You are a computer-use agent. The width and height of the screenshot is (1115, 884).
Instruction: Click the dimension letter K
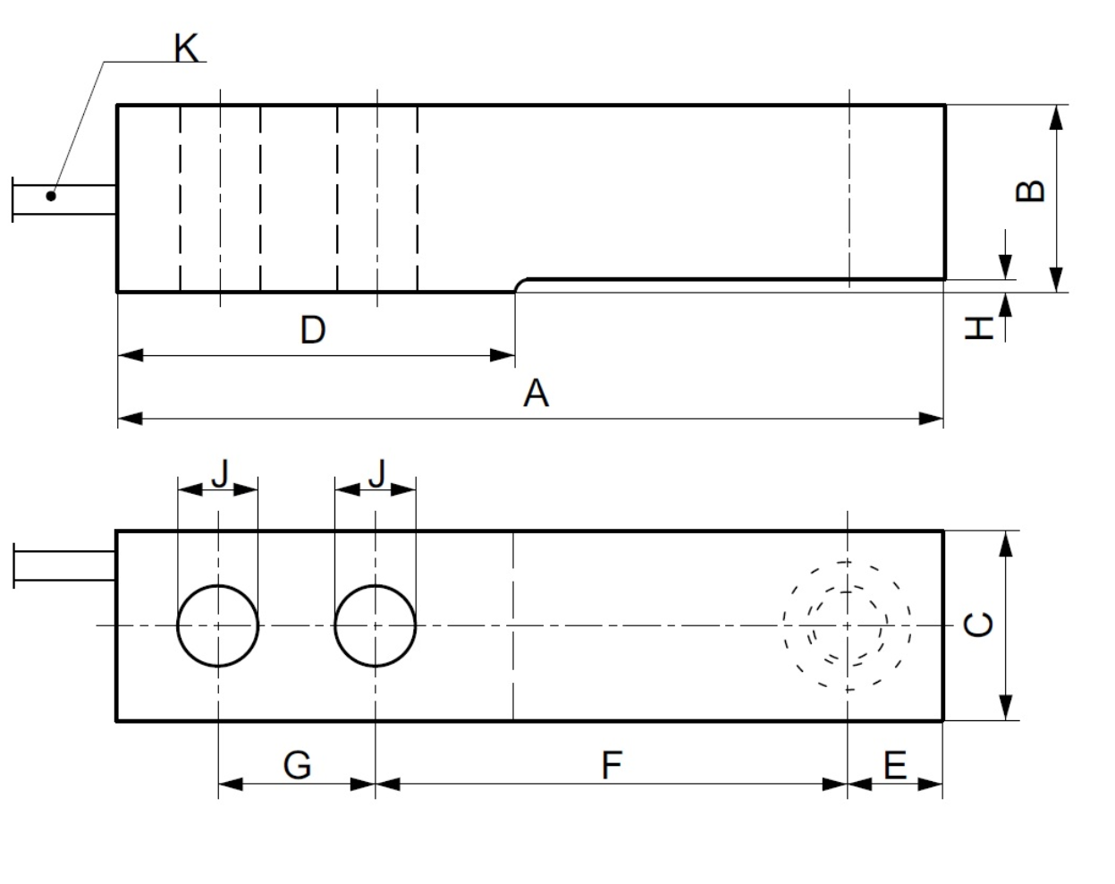click(186, 48)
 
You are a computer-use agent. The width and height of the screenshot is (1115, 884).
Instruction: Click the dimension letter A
click(535, 393)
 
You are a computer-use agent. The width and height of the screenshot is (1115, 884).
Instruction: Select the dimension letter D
click(312, 330)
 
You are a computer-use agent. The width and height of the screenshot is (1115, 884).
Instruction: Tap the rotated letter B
click(1031, 191)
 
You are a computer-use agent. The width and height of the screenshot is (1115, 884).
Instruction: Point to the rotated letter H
click(981, 327)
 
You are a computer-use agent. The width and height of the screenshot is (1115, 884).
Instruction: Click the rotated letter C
click(980, 624)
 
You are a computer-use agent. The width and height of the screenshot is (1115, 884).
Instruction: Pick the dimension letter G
click(297, 766)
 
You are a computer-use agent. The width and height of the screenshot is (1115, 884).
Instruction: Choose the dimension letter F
click(611, 766)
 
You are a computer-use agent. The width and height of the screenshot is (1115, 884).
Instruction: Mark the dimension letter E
click(895, 766)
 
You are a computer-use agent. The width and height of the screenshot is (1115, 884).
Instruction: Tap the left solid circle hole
click(218, 625)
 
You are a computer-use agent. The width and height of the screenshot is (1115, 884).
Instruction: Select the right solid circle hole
click(376, 625)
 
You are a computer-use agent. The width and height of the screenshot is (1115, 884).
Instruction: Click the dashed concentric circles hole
click(847, 625)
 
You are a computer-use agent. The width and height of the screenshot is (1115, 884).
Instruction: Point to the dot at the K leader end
click(51, 196)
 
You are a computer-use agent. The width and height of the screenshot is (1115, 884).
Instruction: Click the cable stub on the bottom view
click(64, 565)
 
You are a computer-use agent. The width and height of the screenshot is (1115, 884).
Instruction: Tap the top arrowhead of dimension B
click(1056, 116)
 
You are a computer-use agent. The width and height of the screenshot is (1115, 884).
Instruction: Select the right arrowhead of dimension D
click(504, 355)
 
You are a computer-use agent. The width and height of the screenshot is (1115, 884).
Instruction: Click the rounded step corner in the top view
click(522, 284)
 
